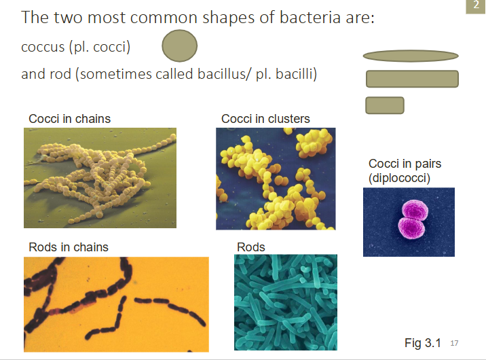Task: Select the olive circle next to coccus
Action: (x=180, y=47)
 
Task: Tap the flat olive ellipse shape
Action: (x=411, y=56)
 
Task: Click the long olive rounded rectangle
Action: (x=412, y=79)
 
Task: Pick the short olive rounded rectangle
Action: (x=385, y=105)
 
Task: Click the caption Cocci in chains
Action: (x=69, y=119)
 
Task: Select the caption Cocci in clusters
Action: (x=265, y=119)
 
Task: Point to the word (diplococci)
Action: (x=400, y=178)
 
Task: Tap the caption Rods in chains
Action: (x=69, y=247)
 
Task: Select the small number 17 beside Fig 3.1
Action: (x=455, y=344)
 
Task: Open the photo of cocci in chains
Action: (x=100, y=177)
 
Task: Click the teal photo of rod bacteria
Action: (x=285, y=302)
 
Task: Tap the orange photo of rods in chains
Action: (x=116, y=304)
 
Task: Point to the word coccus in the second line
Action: (x=43, y=48)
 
